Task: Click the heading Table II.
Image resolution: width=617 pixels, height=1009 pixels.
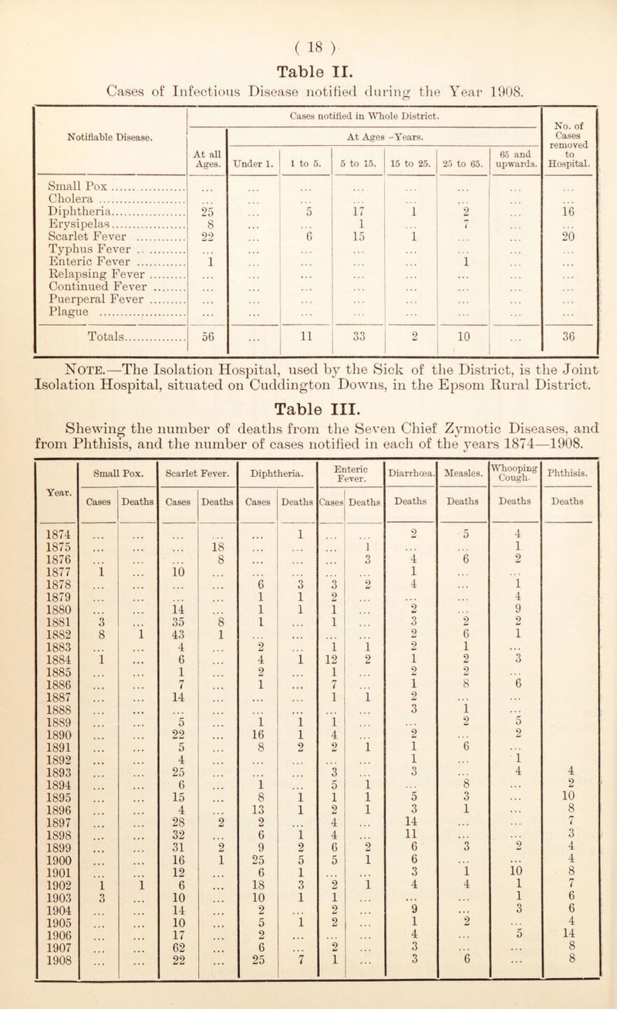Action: (x=307, y=49)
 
